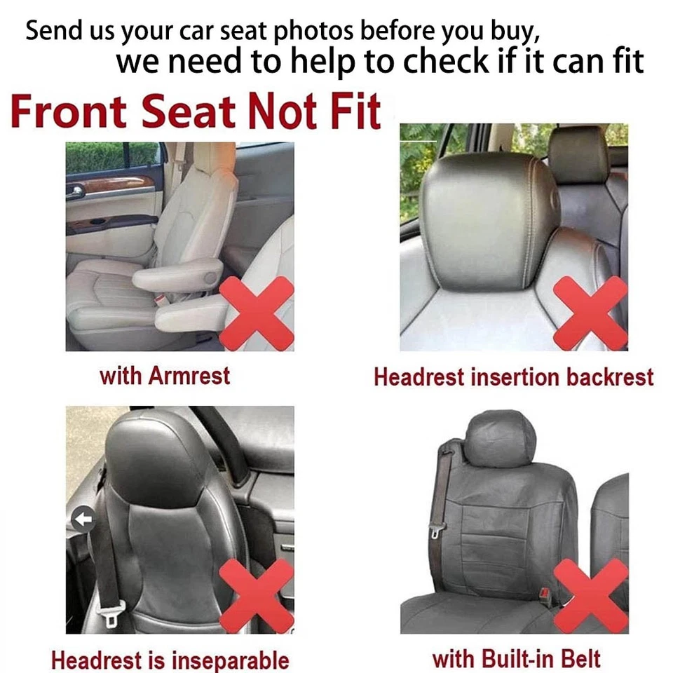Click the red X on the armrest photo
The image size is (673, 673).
[257, 313]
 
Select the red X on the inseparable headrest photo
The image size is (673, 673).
[257, 596]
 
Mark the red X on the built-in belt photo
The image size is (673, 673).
[590, 596]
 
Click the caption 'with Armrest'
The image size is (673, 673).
[165, 376]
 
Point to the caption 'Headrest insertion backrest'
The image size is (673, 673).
[513, 377]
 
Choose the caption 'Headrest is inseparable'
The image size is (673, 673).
[170, 660]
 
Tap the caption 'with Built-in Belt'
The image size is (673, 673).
[516, 658]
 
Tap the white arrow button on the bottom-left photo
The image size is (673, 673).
[83, 519]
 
